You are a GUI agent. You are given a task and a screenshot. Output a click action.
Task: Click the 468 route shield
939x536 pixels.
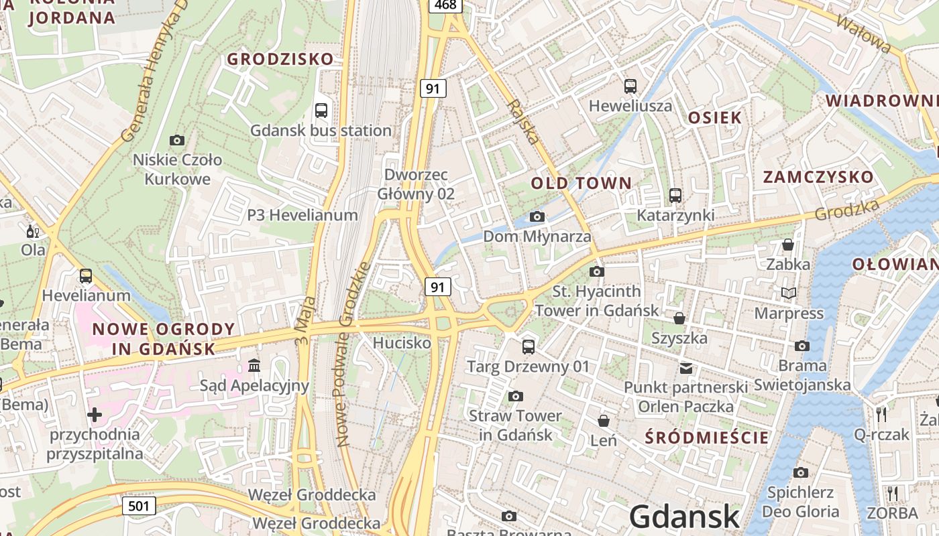445,5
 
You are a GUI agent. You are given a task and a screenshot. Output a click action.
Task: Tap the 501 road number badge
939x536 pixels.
139,506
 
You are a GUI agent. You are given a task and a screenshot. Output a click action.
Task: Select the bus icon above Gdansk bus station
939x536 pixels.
321,111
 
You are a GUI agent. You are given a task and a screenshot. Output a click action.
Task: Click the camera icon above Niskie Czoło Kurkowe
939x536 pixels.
177,140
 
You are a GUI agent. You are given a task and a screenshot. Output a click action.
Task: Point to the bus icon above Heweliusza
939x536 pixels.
630,86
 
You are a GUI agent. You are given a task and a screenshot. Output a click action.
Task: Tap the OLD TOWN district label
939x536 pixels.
582,183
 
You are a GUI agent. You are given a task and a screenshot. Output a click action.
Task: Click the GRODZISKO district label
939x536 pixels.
280,59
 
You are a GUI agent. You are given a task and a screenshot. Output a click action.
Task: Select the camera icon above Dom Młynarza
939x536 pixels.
537,216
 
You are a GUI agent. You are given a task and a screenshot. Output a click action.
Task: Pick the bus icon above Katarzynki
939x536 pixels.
675,196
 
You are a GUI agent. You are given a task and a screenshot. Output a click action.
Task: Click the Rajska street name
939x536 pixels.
523,121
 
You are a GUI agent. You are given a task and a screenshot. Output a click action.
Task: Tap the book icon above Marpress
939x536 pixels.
789,293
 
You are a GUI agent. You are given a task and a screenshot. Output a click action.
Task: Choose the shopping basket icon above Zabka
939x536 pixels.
788,245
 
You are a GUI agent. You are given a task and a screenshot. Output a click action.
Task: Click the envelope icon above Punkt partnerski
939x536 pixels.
685,368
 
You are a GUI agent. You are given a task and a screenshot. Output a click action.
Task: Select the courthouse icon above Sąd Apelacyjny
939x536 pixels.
254,365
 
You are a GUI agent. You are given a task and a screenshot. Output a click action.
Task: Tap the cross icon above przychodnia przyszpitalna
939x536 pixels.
95,415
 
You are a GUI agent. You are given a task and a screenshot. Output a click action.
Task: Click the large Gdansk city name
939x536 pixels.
684,517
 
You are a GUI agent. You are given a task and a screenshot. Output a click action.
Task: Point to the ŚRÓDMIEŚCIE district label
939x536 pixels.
706,438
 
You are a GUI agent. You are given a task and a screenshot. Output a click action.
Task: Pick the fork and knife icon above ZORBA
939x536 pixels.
892,494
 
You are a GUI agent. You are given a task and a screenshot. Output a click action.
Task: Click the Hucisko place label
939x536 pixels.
402,343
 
